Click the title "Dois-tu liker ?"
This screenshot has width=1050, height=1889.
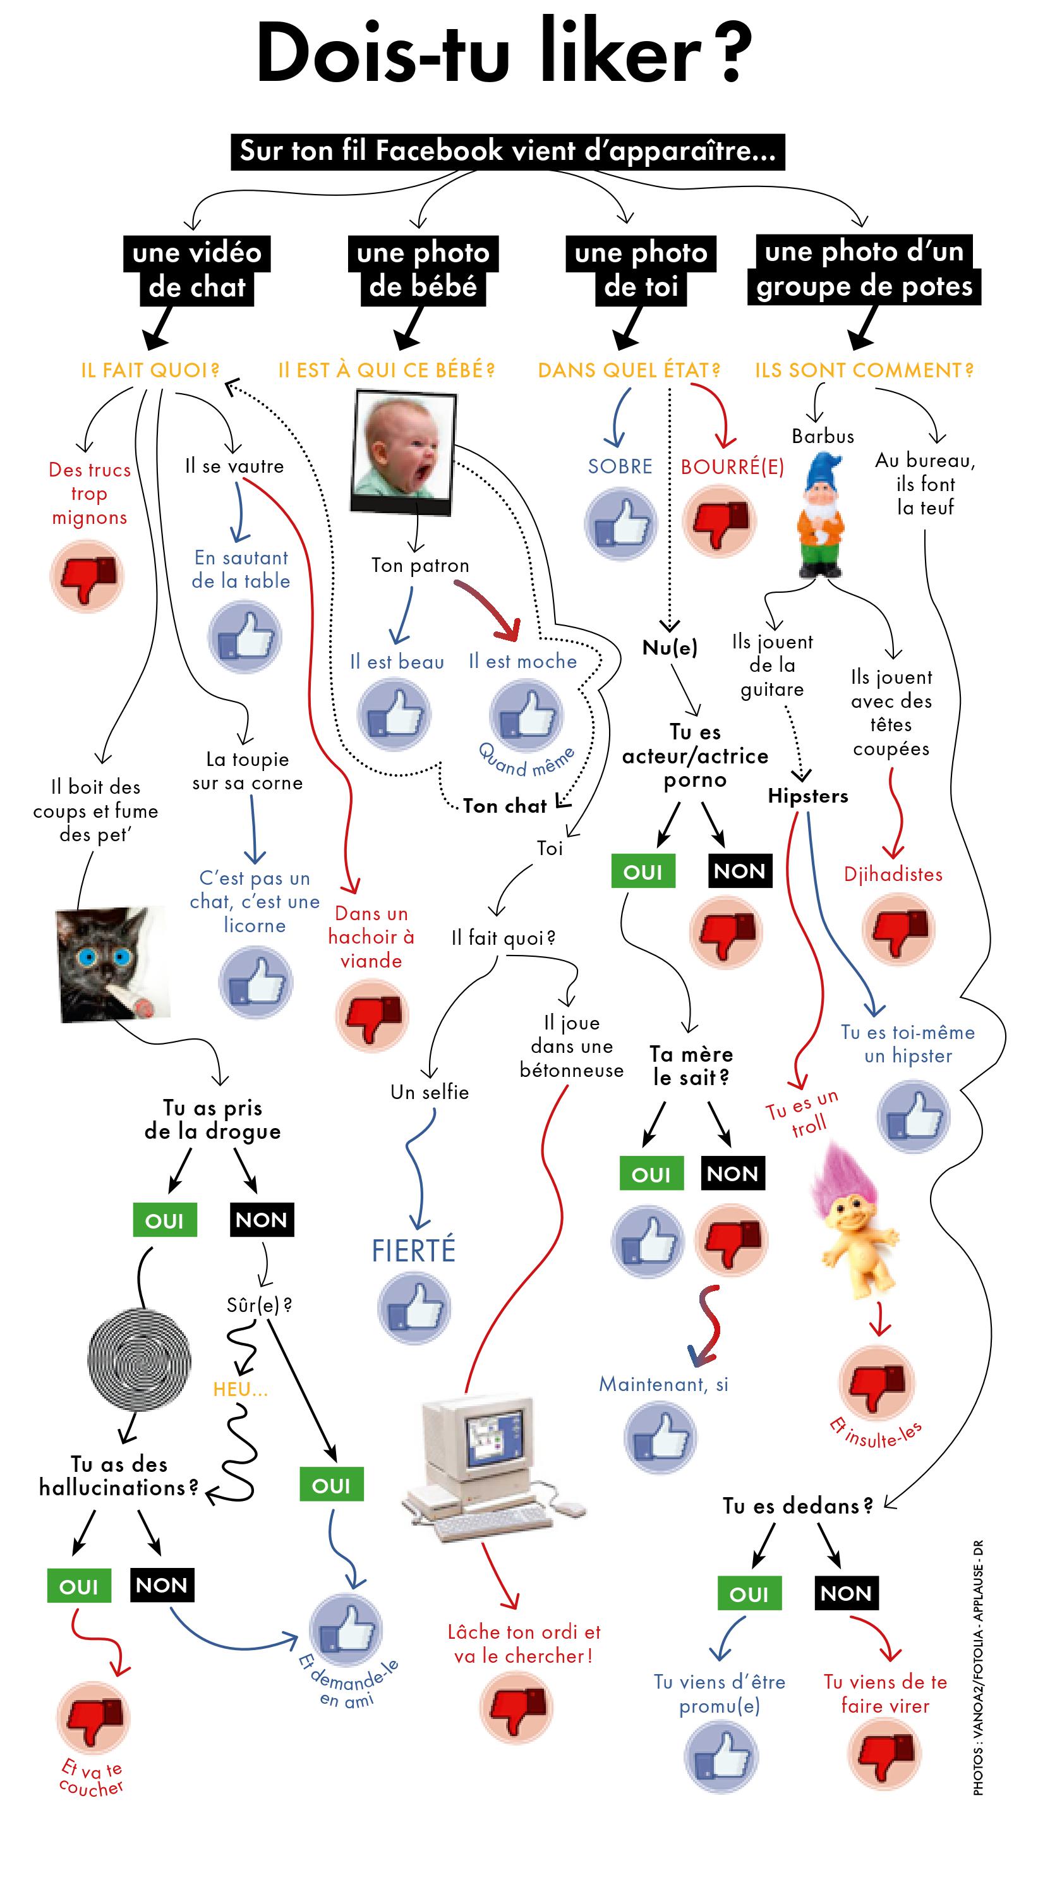[505, 54]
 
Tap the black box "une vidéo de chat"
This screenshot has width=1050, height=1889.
[196, 270]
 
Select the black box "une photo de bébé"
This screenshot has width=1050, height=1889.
[423, 270]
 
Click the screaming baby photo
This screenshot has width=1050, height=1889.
[402, 449]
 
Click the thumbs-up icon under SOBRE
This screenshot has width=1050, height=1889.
[620, 523]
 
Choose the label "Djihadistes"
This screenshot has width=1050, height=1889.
[892, 874]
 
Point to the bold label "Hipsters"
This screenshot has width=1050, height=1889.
[807, 796]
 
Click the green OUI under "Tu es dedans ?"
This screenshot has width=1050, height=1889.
[748, 1594]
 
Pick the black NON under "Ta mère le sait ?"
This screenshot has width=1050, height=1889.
[732, 1174]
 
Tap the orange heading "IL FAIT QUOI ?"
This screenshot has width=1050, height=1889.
[150, 370]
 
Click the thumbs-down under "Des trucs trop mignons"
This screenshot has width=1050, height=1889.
[87, 576]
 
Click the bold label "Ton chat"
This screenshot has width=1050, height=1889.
[505, 806]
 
